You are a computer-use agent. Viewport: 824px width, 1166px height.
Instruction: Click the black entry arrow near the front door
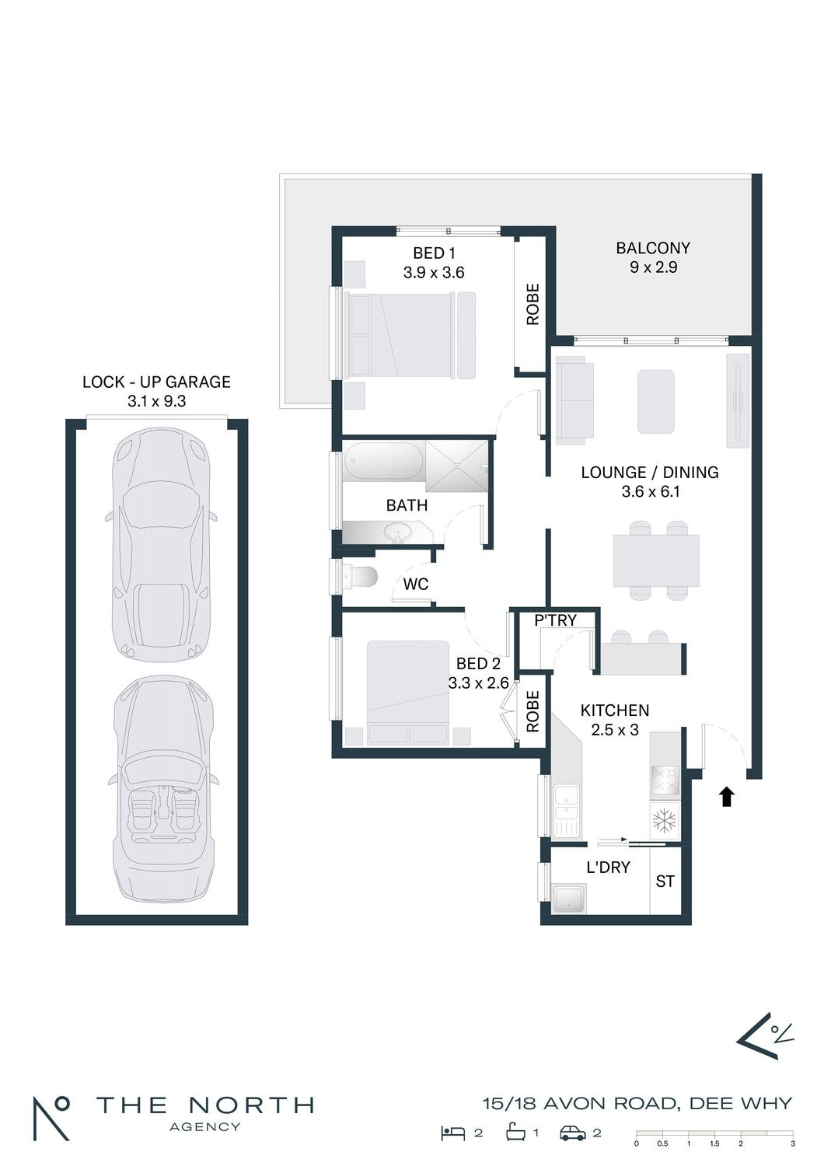click(727, 797)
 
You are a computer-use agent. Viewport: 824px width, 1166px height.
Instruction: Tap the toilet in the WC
click(360, 576)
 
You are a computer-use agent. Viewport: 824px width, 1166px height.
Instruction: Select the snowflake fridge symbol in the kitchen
click(664, 822)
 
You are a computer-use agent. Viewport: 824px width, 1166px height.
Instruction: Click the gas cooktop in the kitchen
click(665, 779)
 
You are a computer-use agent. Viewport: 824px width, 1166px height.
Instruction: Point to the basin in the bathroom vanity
click(398, 532)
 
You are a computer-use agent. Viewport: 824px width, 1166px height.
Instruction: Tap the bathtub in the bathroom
click(384, 461)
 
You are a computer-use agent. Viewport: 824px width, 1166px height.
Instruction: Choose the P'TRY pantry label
click(555, 620)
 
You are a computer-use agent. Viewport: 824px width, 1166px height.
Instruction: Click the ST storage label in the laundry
click(665, 881)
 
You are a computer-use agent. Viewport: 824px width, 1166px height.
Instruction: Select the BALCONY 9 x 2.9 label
click(653, 257)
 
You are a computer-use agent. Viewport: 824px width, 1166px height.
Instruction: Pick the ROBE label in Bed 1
click(532, 305)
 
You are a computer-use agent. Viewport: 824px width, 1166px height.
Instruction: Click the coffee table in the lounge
click(656, 401)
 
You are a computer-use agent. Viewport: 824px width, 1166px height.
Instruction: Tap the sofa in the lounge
click(574, 400)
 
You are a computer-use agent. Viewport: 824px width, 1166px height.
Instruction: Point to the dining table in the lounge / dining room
click(656, 560)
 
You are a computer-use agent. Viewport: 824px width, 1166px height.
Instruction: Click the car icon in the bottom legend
click(573, 1133)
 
